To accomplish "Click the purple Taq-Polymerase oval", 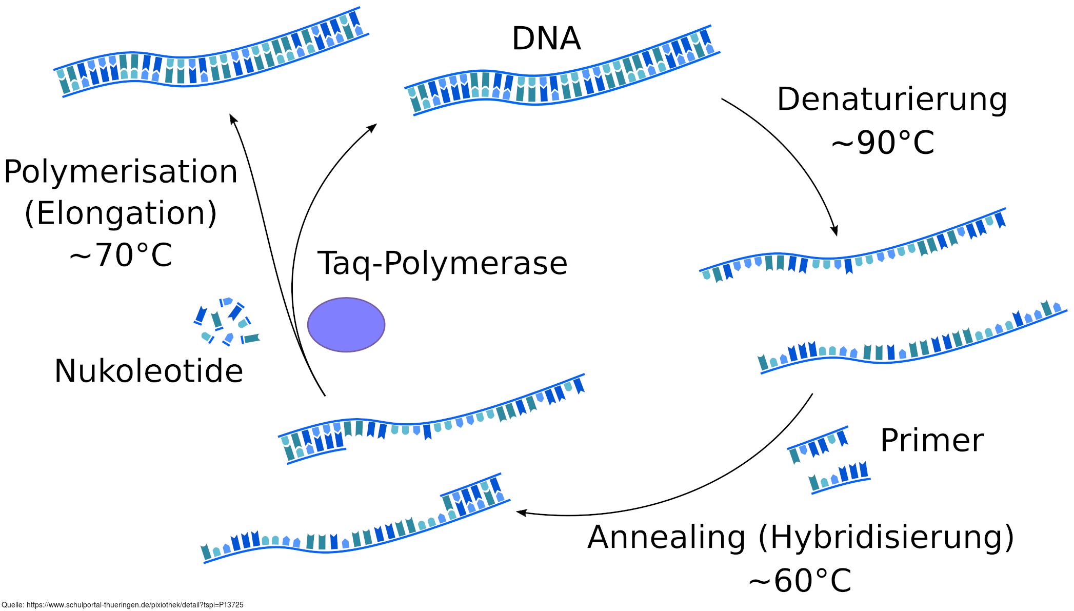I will (346, 325).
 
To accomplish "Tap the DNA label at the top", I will (546, 38).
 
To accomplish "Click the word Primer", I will (932, 440).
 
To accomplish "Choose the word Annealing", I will (666, 537).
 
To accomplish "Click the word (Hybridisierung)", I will (886, 538).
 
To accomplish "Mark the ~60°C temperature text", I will (800, 581).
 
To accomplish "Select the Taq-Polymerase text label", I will (442, 264).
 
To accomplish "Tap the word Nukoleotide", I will (149, 371).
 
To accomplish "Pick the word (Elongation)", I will (121, 213).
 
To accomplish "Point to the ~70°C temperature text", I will (121, 255).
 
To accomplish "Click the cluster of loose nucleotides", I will (226, 322).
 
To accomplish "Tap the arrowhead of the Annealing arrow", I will (521, 512).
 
